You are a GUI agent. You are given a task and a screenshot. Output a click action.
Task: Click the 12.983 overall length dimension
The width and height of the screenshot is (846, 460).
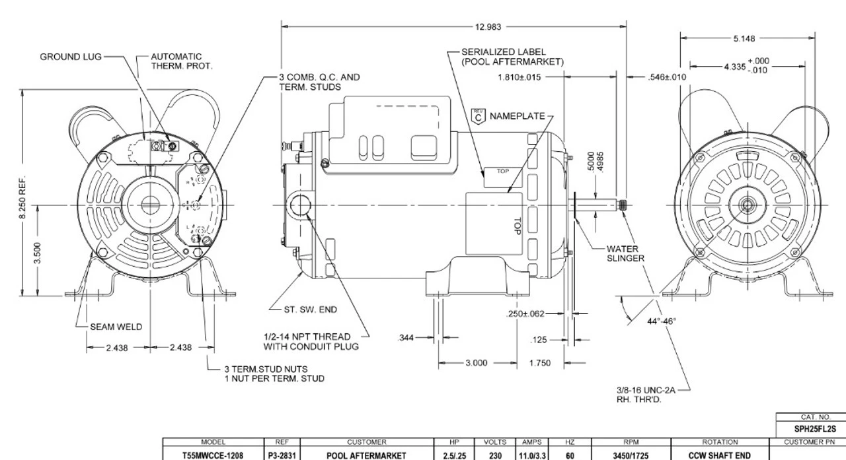coord(488,27)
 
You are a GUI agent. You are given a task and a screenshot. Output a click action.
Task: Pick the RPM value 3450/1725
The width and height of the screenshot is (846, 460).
coord(631,453)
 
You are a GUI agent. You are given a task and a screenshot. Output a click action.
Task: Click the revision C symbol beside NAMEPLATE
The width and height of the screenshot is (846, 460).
coord(479,116)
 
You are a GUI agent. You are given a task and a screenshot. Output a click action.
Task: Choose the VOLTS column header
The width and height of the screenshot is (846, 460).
coord(495,443)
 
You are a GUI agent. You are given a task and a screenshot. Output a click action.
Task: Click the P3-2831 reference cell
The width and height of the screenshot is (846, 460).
coord(276,453)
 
